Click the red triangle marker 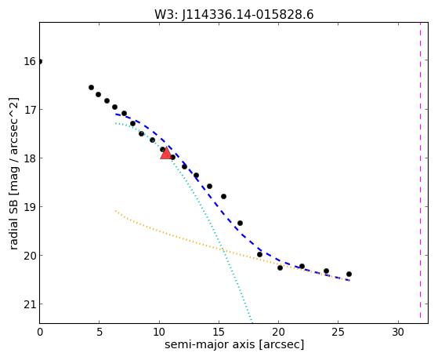tap(166, 153)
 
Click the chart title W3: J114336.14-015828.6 tap(234, 14)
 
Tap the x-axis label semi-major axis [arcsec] tap(234, 344)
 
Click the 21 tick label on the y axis tap(29, 304)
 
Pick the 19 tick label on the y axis tap(29, 207)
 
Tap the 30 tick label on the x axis tap(398, 332)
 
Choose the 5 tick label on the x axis tap(100, 332)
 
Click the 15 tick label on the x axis tap(219, 332)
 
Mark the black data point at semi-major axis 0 tap(40, 61)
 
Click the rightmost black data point tap(349, 275)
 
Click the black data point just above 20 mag tap(259, 255)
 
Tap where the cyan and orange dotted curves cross tap(223, 250)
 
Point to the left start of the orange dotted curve tap(116, 211)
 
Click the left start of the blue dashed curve tap(116, 115)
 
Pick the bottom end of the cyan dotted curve tap(252, 322)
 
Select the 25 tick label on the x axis tap(338, 332)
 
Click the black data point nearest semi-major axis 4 tap(91, 88)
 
